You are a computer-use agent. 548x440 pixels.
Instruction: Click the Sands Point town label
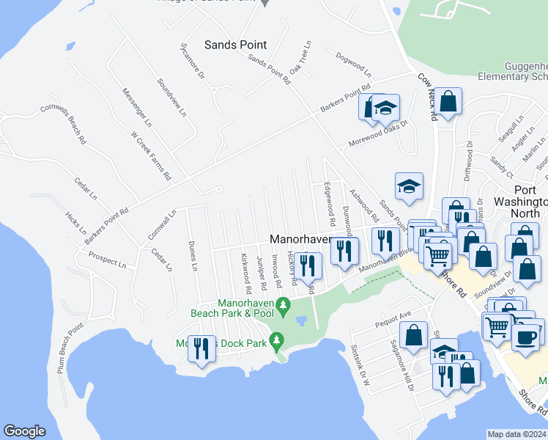[235, 45]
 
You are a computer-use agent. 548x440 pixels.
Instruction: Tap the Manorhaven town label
[300, 239]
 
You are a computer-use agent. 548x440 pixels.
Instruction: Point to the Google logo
[24, 431]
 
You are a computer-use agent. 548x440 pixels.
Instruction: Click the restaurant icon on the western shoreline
[201, 349]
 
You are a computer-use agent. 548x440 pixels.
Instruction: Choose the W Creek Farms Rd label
[150, 155]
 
